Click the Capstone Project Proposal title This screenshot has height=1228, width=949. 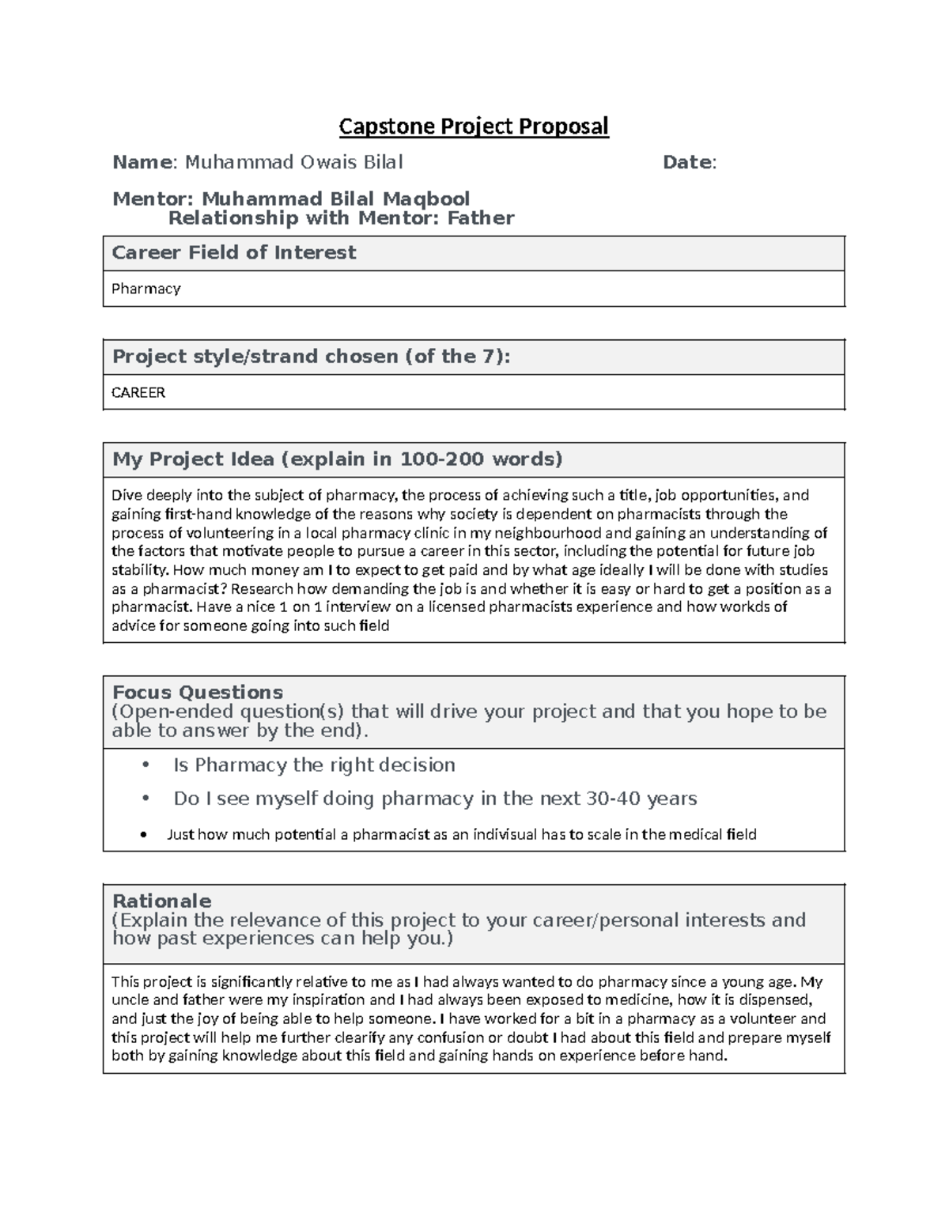click(474, 127)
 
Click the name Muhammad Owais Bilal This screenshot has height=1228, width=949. click(293, 162)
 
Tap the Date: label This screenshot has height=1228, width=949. click(689, 162)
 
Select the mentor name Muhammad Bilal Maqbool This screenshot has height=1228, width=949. click(335, 198)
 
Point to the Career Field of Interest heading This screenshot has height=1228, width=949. click(234, 253)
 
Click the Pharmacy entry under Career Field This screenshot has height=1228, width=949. click(146, 289)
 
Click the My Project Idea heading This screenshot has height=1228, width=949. click(337, 459)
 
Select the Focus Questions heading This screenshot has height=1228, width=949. click(198, 693)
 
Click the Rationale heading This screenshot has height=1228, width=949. click(161, 901)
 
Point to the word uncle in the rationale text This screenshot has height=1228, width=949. click(128, 1000)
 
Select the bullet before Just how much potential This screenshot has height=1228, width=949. click(143, 835)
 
